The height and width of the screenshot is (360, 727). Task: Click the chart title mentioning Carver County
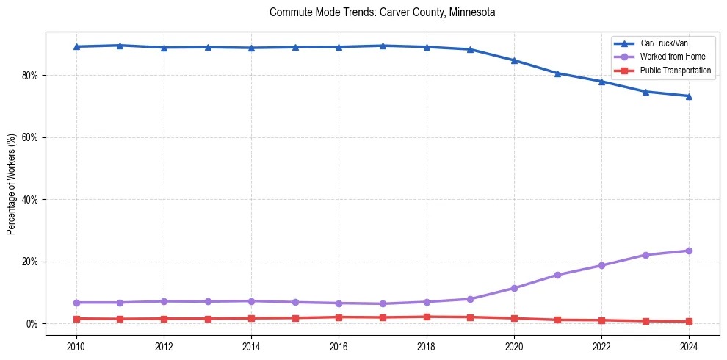[x=382, y=12]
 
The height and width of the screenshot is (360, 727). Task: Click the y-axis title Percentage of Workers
[x=11, y=184]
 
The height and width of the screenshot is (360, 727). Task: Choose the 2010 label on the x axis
[x=76, y=346]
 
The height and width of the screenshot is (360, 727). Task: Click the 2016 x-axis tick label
[x=339, y=346]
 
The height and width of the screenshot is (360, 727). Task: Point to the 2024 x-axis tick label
[x=689, y=346]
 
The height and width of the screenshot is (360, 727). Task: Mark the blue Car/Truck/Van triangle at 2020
[x=514, y=60]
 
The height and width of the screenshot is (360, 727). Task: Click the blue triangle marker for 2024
[x=689, y=96]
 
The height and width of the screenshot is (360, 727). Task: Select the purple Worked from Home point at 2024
[x=689, y=251]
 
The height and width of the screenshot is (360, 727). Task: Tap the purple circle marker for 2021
[x=557, y=275]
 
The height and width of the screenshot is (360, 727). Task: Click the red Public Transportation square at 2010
[x=76, y=319]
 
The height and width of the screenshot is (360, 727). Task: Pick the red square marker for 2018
[x=427, y=317]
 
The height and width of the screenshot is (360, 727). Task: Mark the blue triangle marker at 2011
[x=120, y=46]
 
